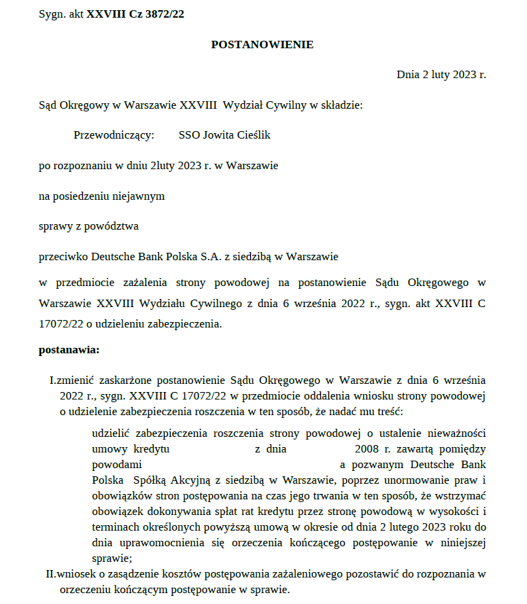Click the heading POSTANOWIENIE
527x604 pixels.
(262, 44)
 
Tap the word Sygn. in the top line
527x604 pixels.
(52, 14)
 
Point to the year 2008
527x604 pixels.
(368, 449)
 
